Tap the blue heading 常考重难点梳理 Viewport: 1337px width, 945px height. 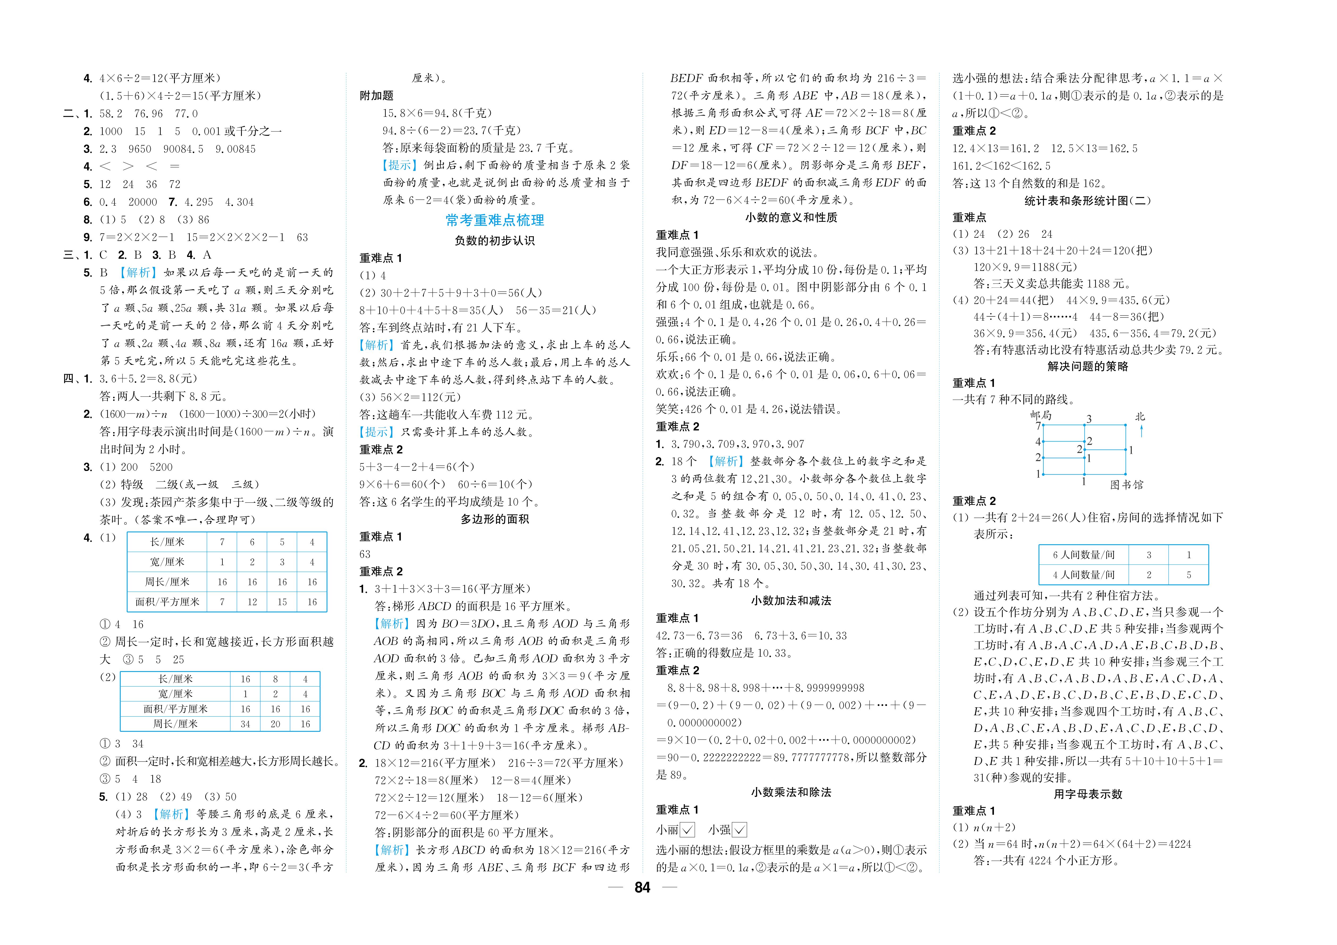[x=495, y=220]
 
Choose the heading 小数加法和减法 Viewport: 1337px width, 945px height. [x=791, y=601]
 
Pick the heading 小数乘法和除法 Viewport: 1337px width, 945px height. [x=791, y=792]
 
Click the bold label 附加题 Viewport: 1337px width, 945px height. [x=376, y=95]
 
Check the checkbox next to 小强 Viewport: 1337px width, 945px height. [x=740, y=830]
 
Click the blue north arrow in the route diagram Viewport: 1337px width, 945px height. [x=1141, y=431]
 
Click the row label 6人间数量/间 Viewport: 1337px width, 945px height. [x=1083, y=555]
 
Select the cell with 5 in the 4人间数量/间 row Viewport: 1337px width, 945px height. [x=1188, y=575]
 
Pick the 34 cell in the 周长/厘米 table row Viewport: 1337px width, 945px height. [x=245, y=724]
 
